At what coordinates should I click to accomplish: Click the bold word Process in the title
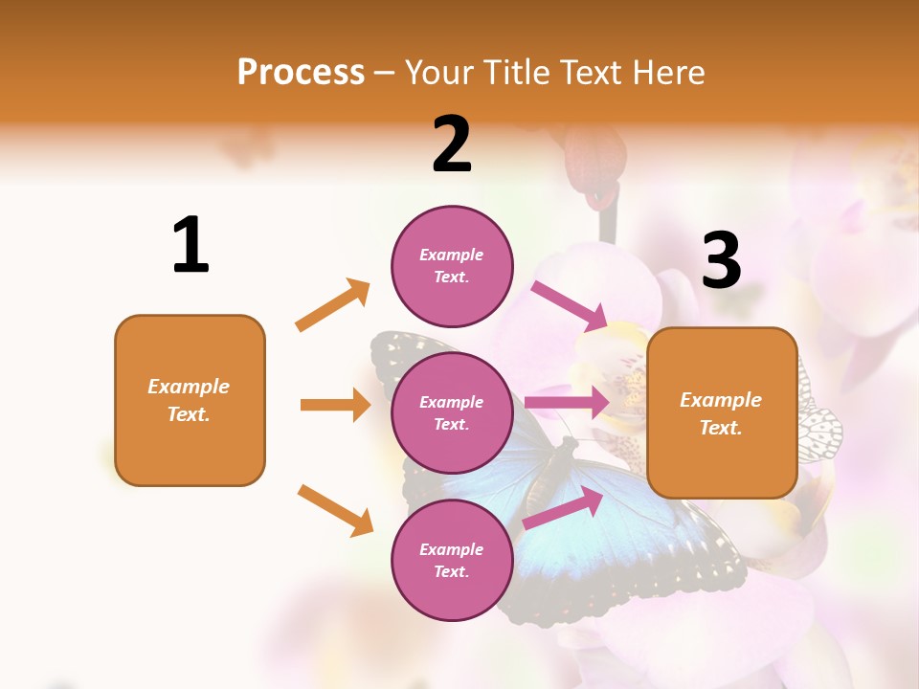click(301, 73)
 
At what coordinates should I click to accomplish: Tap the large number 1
click(191, 245)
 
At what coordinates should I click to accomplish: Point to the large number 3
click(721, 260)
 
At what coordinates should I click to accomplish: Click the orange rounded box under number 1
click(190, 400)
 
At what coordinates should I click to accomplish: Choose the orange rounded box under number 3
click(722, 412)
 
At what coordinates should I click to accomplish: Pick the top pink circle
click(452, 266)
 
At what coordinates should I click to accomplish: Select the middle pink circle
click(452, 412)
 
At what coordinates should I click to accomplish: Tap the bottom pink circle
click(452, 560)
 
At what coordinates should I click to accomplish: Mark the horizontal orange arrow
click(335, 405)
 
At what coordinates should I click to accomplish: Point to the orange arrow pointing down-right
click(335, 510)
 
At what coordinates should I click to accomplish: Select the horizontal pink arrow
click(566, 403)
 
